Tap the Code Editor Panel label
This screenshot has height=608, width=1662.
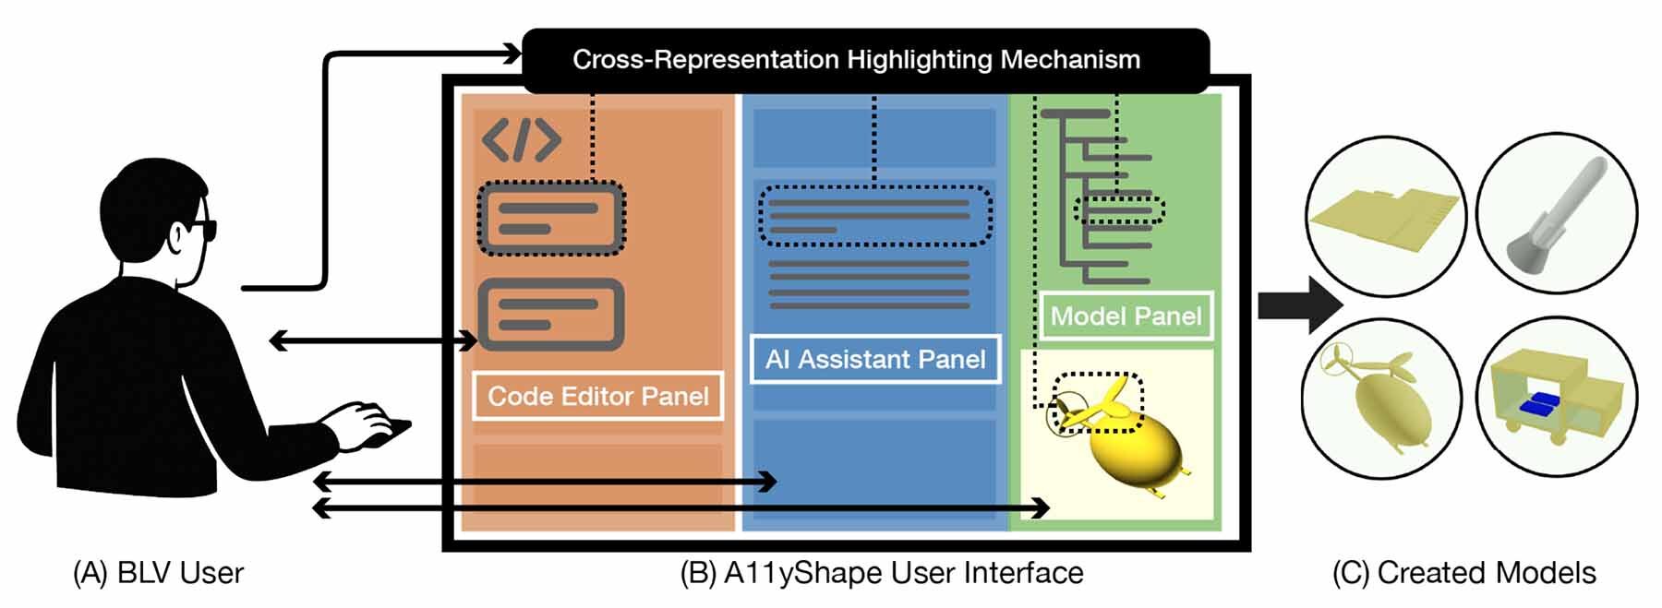[x=597, y=396]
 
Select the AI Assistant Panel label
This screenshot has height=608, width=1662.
[x=874, y=359]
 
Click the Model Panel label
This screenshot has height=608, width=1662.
[x=1126, y=316]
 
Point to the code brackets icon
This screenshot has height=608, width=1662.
[x=522, y=140]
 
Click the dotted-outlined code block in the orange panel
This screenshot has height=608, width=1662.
[x=550, y=219]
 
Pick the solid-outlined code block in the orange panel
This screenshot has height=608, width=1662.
[x=550, y=315]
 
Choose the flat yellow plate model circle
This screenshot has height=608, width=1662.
[x=1385, y=218]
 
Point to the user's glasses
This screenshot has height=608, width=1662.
[x=203, y=229]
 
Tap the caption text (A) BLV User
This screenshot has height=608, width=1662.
[x=158, y=573]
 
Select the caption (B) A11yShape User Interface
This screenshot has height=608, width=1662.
[x=882, y=573]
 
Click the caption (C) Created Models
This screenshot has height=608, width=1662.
[x=1463, y=573]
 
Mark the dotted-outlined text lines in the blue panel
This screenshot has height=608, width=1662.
[x=873, y=216]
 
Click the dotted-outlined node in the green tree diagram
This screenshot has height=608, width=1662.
[x=1119, y=210]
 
